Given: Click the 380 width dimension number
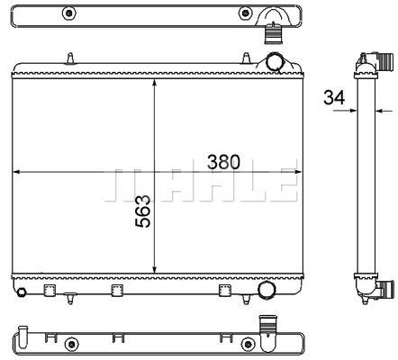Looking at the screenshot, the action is [x=223, y=162].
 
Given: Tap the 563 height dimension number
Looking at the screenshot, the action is [x=143, y=211].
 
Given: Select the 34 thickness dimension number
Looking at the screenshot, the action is [x=334, y=97].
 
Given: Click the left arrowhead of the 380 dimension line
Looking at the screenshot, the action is [x=16, y=172].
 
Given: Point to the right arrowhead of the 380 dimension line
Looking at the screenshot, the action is [x=298, y=172].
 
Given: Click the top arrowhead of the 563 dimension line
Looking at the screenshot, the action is [x=155, y=83].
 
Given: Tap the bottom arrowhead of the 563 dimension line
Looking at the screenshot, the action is [x=155, y=269].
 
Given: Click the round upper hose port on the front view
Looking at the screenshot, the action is [x=275, y=61].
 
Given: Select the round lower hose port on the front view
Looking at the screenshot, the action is [x=267, y=290].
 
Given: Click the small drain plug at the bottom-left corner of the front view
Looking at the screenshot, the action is [x=21, y=292].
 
